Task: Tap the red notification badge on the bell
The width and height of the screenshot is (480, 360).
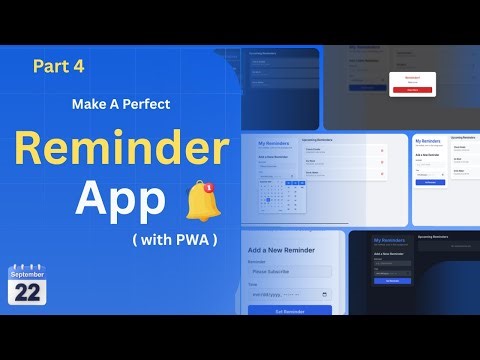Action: point(206,186)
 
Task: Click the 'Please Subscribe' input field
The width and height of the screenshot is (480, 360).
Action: point(290,271)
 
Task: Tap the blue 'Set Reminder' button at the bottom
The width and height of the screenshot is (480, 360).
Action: point(290,311)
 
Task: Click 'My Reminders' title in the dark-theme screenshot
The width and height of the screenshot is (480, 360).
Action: point(386,240)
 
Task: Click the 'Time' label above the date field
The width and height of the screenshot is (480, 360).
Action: point(254,284)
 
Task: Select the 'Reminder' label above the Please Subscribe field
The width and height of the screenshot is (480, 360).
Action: point(259,261)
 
